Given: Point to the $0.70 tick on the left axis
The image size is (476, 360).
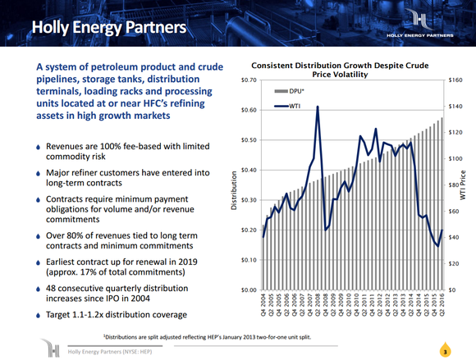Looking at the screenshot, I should coord(248,80).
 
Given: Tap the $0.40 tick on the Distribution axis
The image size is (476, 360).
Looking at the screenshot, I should coord(248,170).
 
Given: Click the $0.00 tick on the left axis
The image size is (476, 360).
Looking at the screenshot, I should coord(248,290).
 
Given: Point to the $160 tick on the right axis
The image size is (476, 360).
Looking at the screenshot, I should coord(455,80).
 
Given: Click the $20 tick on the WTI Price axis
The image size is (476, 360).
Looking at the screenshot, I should coord(454,264).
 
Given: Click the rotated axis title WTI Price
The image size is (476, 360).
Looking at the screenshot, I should coord(465,185).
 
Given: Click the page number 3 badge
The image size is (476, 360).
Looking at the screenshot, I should coord(443,351).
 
